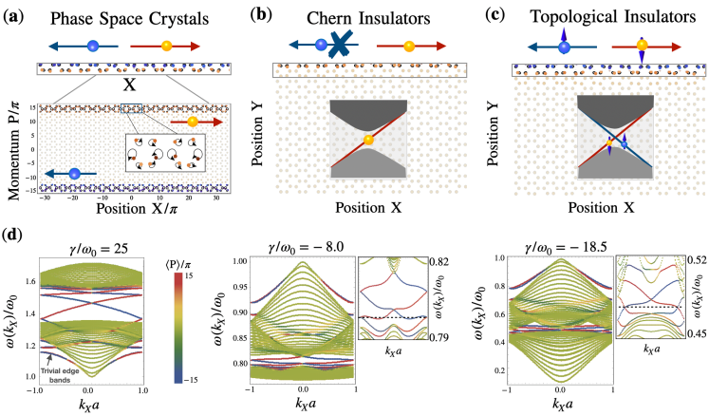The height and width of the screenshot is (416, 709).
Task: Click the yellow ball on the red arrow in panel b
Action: [409, 45]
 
